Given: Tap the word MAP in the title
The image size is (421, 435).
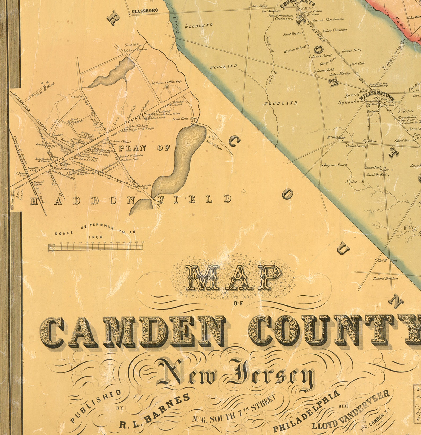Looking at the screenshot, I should (x=231, y=278).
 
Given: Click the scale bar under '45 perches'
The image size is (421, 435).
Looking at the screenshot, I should (x=96, y=247).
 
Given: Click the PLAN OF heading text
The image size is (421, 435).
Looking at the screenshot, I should (x=144, y=148).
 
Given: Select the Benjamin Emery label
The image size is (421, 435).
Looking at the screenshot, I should (x=335, y=165).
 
